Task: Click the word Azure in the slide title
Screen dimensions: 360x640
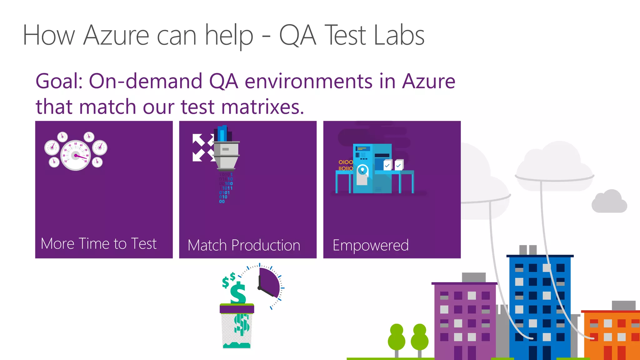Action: pyautogui.click(x=116, y=36)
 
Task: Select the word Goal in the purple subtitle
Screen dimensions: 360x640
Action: pyautogui.click(x=58, y=81)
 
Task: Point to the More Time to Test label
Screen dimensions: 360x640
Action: pyautogui.click(x=98, y=244)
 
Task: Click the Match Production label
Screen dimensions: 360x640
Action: pyautogui.click(x=244, y=245)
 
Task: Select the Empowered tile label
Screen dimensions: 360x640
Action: pyautogui.click(x=371, y=245)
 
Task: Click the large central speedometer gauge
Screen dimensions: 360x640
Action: pyautogui.click(x=76, y=155)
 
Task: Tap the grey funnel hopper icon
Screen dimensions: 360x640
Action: pyautogui.click(x=226, y=155)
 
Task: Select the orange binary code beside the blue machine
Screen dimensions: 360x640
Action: pyautogui.click(x=345, y=165)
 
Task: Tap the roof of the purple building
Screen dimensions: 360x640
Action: pyautogui.click(x=464, y=283)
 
